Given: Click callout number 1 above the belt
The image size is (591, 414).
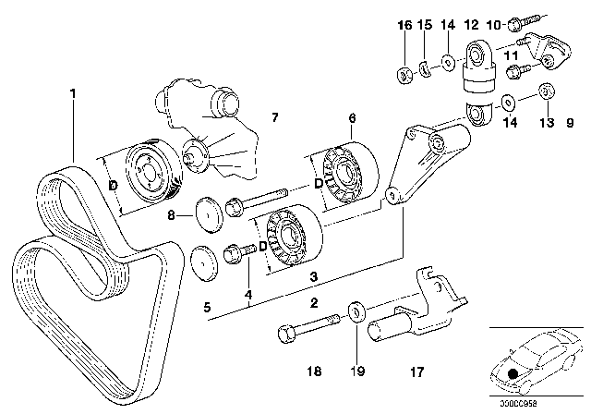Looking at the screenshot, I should point(73,92).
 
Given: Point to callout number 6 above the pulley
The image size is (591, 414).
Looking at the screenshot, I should point(351,118).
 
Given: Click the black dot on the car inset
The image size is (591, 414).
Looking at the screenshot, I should point(513,373).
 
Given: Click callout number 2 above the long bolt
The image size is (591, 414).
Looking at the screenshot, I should point(314,302).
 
